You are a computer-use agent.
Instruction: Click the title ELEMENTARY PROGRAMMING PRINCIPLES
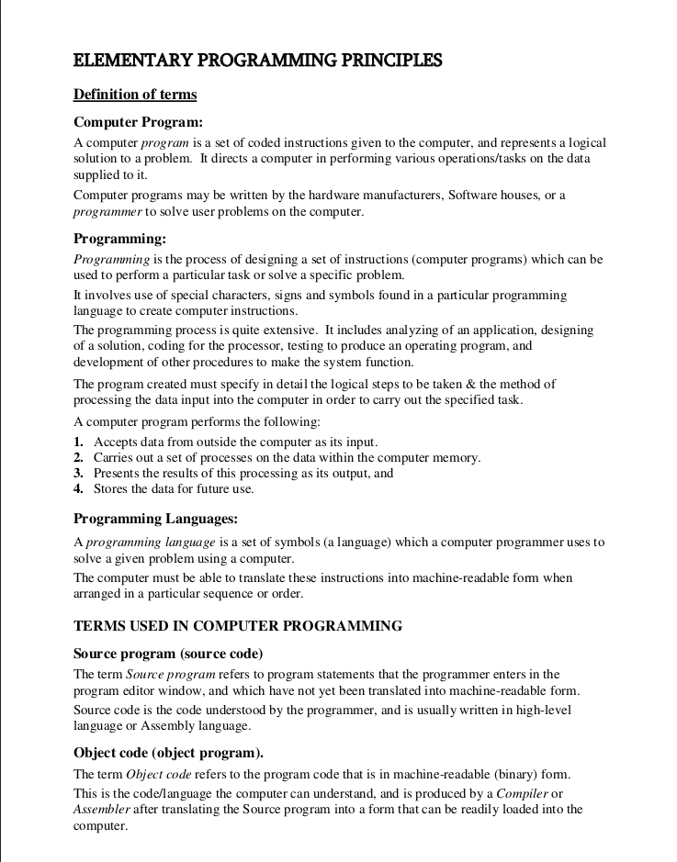pyautogui.click(x=257, y=62)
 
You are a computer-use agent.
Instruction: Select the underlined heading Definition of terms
pyautogui.click(x=135, y=95)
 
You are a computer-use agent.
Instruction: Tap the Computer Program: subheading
pyautogui.click(x=138, y=121)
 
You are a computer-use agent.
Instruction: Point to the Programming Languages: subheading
pyautogui.click(x=156, y=520)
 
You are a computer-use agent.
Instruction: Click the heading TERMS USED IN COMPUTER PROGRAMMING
pyautogui.click(x=238, y=626)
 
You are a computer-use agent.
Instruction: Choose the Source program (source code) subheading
pyautogui.click(x=168, y=654)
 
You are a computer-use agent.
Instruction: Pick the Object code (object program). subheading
pyautogui.click(x=168, y=754)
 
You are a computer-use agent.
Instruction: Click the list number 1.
pyautogui.click(x=78, y=442)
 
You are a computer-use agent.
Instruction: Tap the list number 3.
pyautogui.click(x=78, y=474)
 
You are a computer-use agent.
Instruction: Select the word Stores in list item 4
pyautogui.click(x=110, y=489)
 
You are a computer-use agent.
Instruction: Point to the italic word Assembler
pyautogui.click(x=102, y=810)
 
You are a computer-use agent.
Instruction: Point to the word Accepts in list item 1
pyautogui.click(x=116, y=442)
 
